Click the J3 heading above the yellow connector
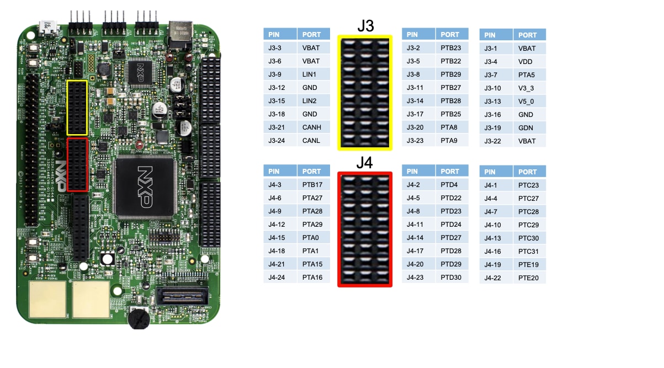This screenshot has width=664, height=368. coord(365,26)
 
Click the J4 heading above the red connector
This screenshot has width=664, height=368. coord(365,163)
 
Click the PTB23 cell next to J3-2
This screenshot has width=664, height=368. coord(451,48)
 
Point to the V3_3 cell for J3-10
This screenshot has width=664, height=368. coord(529,88)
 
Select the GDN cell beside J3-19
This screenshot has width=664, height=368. coord(529,128)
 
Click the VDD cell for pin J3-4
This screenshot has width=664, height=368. coord(529,62)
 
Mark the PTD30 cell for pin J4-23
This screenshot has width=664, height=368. coord(451,278)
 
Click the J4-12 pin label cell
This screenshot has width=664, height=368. coord(280,225)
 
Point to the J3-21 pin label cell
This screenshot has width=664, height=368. coord(280,127)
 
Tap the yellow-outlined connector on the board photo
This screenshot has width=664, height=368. coord(77,108)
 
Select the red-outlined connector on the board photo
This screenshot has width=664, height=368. coord(77,165)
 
